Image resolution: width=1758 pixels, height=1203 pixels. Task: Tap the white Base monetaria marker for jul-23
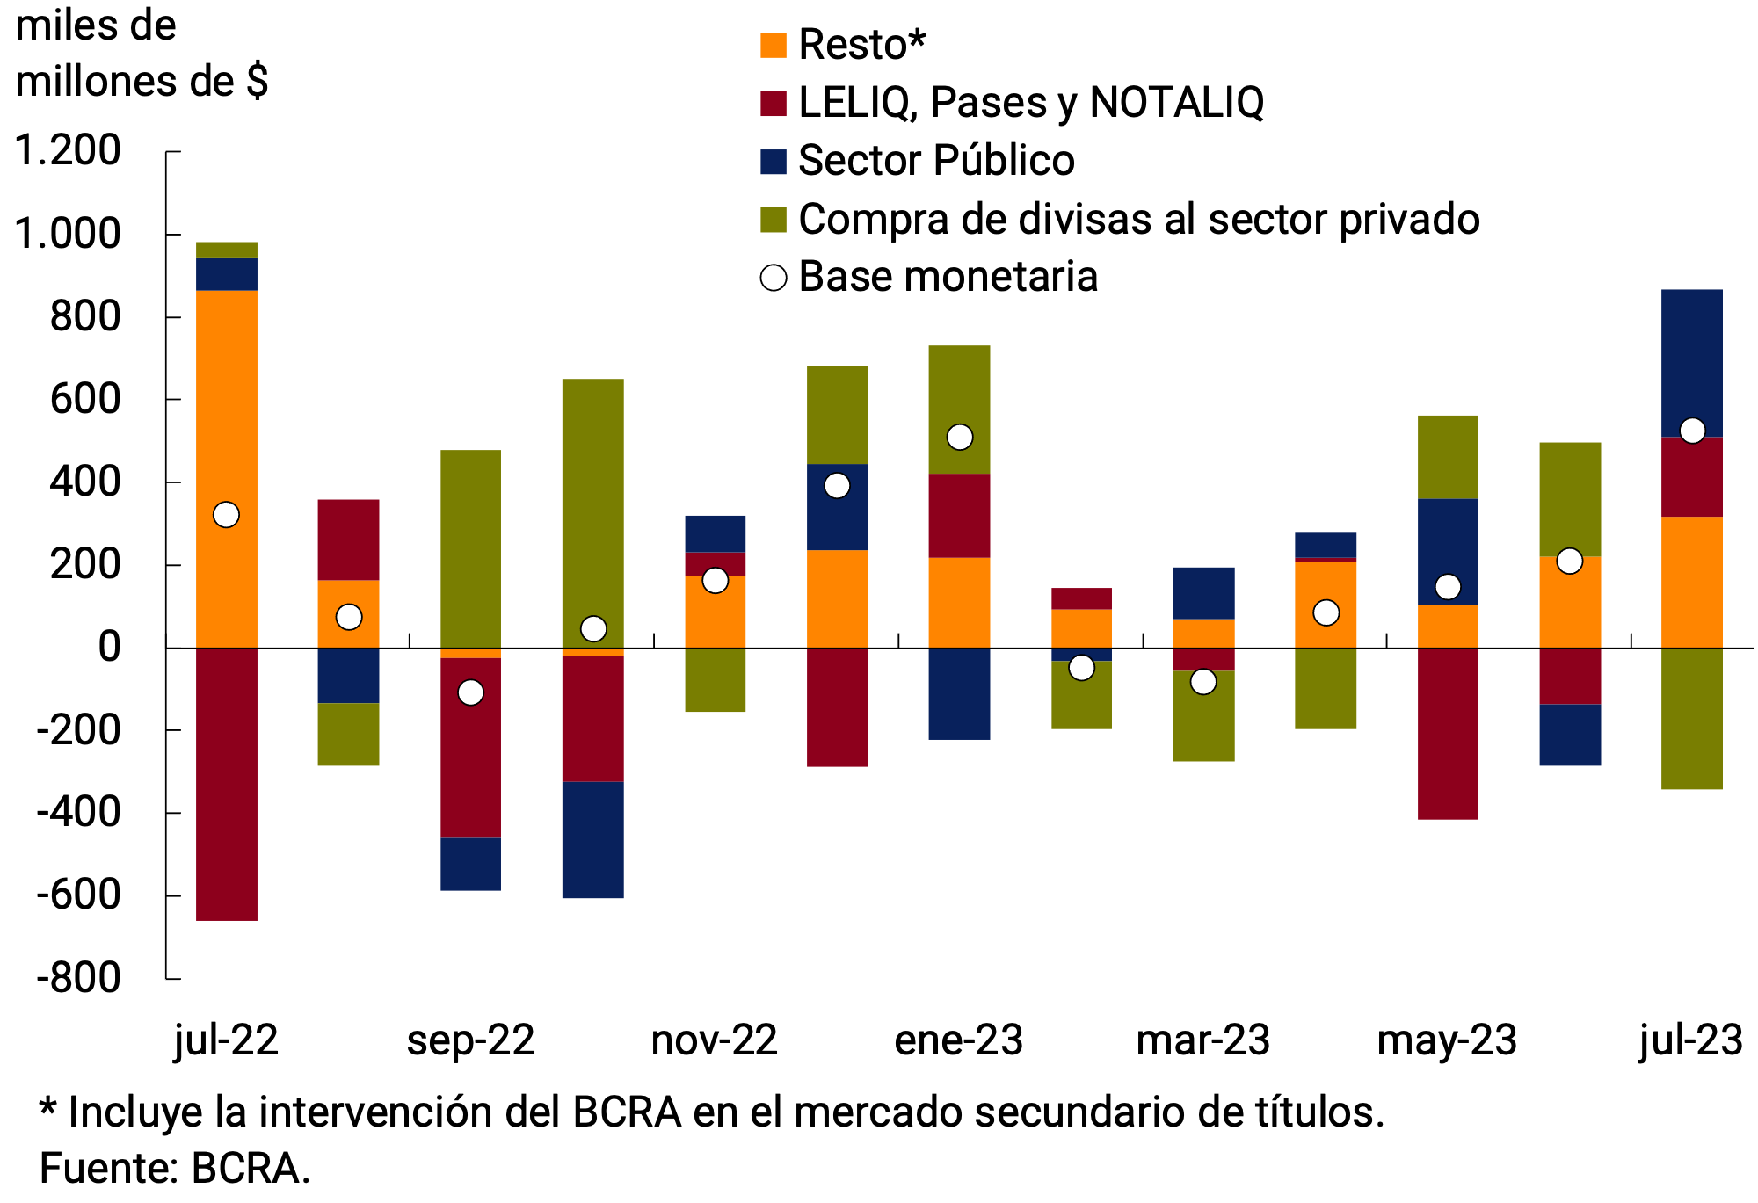click(1692, 431)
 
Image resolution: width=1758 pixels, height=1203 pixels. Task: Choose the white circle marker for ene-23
click(960, 437)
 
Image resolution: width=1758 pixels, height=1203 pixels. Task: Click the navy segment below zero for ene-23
click(960, 693)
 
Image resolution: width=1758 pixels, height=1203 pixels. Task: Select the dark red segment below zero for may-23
click(1448, 733)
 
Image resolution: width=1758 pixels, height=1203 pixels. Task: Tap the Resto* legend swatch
click(774, 45)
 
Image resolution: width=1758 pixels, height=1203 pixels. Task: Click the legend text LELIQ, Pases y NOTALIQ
click(1031, 103)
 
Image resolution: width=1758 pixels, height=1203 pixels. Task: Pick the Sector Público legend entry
click(936, 161)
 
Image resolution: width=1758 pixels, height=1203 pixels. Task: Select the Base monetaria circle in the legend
click(774, 278)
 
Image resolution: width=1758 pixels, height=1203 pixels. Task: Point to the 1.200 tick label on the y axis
click(69, 150)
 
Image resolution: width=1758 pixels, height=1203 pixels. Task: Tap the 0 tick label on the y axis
click(109, 647)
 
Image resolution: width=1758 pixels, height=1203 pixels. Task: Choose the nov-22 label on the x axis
click(714, 1040)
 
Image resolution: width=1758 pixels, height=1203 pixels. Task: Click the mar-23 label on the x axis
click(1202, 1040)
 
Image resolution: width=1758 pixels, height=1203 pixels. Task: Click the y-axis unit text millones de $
click(142, 82)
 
